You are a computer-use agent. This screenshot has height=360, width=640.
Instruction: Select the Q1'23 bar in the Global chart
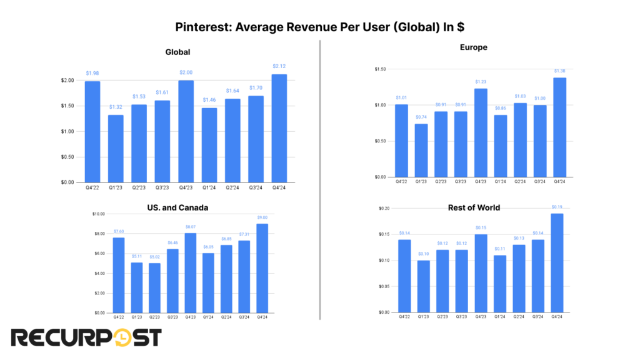[115, 149]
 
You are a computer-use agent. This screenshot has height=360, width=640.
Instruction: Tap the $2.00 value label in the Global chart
[186, 72]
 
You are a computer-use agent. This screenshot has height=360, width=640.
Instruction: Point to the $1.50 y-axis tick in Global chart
[69, 106]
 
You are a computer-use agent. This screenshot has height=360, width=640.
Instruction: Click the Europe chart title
[473, 47]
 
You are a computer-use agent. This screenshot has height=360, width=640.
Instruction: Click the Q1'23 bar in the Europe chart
[421, 150]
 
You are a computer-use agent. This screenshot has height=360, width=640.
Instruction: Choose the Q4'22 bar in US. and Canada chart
[119, 275]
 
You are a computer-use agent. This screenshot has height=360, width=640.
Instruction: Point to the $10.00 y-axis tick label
[98, 214]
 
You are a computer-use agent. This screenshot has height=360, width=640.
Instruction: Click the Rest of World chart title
[474, 207]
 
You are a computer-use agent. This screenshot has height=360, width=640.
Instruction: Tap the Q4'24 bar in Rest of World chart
[556, 262]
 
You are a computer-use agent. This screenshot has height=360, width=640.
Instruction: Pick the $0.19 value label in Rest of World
[556, 206]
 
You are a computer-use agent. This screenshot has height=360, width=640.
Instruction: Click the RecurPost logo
[86, 338]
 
